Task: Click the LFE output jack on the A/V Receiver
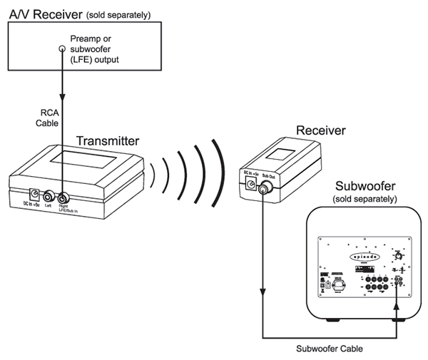62,49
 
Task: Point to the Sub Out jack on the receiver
264,190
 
